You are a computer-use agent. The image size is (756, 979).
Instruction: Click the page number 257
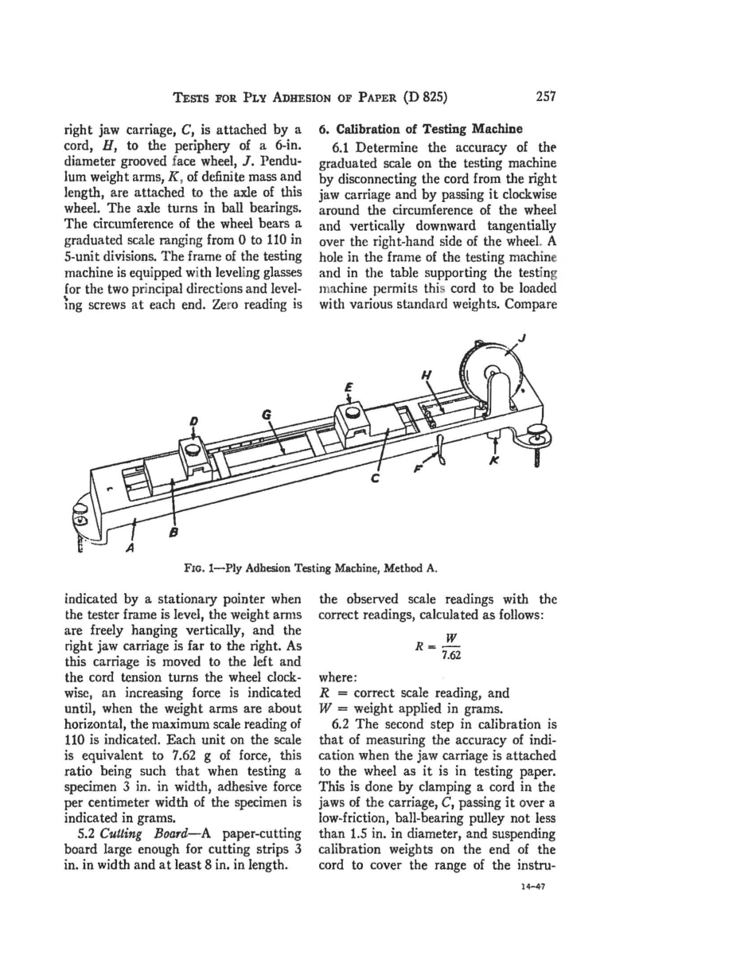[545, 96]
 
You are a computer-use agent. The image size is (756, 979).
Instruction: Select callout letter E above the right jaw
[348, 389]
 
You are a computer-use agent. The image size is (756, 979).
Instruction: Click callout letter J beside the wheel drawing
[523, 337]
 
